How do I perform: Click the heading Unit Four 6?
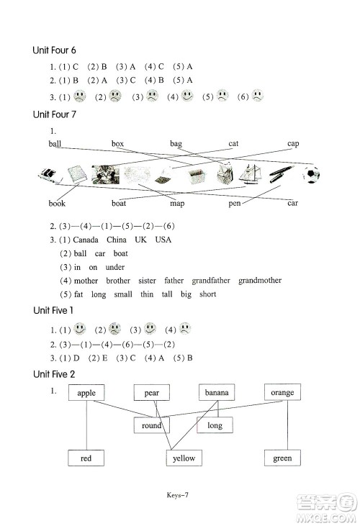(54, 50)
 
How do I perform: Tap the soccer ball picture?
(311, 174)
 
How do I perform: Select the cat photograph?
(106, 174)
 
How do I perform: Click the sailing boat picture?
(249, 174)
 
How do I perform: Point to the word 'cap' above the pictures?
(293, 144)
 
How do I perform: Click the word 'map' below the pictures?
(177, 204)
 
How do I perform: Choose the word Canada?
(86, 240)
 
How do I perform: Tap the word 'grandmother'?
(260, 281)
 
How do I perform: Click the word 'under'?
(115, 267)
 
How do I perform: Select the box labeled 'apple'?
(86, 392)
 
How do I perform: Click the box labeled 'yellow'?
(184, 458)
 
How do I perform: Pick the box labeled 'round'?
(152, 425)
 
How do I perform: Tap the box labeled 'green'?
(282, 458)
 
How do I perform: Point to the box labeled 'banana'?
(217, 392)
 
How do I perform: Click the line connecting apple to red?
(86, 425)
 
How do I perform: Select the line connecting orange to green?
(287, 425)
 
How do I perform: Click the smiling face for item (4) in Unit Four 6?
(187, 96)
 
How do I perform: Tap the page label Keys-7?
(178, 495)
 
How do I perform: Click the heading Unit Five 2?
(54, 374)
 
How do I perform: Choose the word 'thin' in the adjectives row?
(147, 294)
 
